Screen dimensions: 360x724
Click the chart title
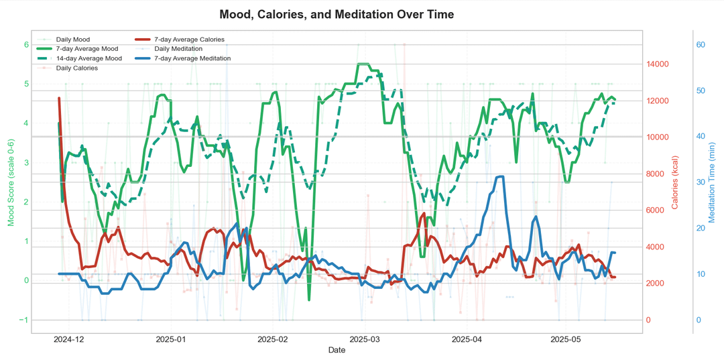(x=336, y=14)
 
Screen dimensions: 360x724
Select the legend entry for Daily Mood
(x=72, y=40)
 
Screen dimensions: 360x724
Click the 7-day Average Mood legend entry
(x=86, y=49)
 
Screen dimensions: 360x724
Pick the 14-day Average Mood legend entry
(x=88, y=58)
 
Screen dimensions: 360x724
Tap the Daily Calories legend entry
(x=76, y=68)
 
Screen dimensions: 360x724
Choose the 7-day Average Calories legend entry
(x=189, y=40)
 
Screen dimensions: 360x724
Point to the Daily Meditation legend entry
(x=181, y=49)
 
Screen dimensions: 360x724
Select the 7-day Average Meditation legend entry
(x=192, y=58)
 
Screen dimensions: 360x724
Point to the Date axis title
(x=337, y=350)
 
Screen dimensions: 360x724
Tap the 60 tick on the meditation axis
(x=701, y=45)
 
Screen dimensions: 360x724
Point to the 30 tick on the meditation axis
(x=701, y=182)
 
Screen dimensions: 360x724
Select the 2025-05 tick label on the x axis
(x=564, y=339)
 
